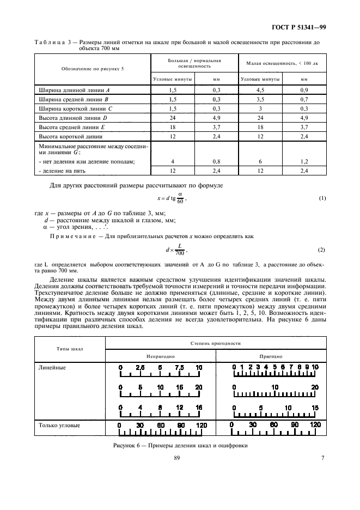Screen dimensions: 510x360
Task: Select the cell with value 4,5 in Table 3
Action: [260, 89]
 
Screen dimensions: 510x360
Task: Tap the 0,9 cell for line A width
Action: [304, 89]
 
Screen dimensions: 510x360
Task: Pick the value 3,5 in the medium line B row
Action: [260, 99]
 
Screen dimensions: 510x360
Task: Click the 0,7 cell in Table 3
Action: [304, 99]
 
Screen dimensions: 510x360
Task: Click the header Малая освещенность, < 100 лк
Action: [282, 63]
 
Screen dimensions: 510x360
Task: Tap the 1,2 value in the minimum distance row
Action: [304, 161]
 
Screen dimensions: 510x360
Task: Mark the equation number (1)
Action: [321, 198]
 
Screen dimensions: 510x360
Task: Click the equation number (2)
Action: [321, 250]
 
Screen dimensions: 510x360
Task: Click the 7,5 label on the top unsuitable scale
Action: [180, 367]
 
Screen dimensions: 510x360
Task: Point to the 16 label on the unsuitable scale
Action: [198, 407]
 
